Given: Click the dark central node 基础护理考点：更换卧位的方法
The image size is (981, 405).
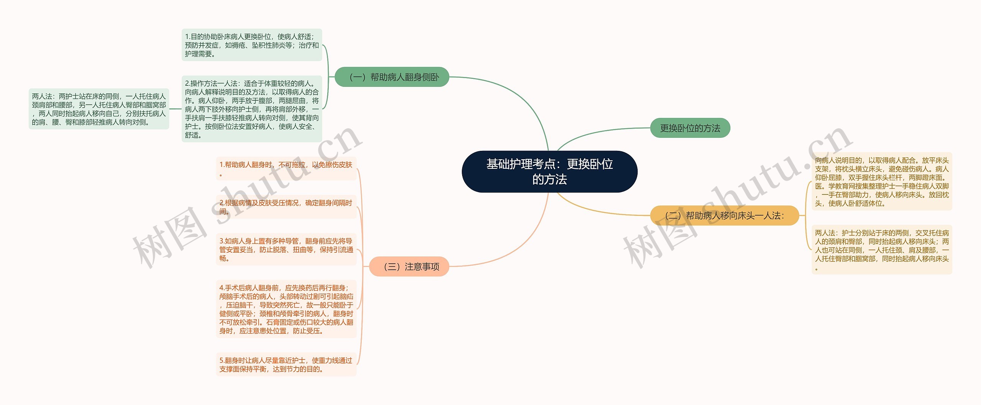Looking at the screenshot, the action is (x=549, y=171).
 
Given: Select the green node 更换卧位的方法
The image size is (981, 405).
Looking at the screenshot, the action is (x=690, y=128).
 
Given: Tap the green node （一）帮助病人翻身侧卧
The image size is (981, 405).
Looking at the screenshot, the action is (x=392, y=77).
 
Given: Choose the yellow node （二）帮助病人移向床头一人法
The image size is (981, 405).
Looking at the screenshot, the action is (x=724, y=216).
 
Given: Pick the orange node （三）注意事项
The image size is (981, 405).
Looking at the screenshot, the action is (x=409, y=266).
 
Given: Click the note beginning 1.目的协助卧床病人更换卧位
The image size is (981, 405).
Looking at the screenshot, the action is (x=252, y=45).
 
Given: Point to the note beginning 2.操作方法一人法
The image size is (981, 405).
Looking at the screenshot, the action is (x=252, y=109).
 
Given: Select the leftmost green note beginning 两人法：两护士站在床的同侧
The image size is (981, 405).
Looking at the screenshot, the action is (x=99, y=109).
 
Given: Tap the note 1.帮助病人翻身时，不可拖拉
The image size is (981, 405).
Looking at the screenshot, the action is (x=286, y=169).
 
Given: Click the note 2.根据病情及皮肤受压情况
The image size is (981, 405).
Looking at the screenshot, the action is (x=286, y=207).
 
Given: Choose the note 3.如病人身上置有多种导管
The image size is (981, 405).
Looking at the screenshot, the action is (x=286, y=250).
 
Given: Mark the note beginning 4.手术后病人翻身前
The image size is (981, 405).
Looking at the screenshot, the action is (x=286, y=309).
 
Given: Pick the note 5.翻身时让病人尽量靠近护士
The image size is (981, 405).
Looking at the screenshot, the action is (x=286, y=364).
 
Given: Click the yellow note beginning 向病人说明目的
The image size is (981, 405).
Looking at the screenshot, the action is (x=881, y=182).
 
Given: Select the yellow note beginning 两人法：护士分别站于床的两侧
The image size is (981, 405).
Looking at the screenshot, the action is (x=881, y=250).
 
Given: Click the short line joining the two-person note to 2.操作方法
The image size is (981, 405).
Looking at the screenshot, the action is (x=175, y=109).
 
